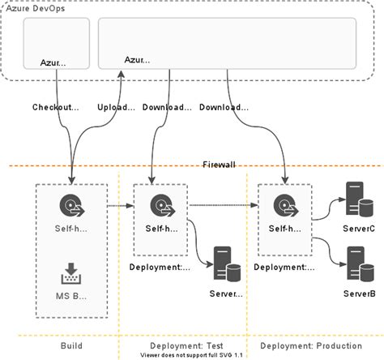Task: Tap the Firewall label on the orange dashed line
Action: tap(219, 165)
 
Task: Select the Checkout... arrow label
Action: tap(55, 107)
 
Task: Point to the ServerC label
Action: tap(360, 229)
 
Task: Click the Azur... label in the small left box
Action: tap(55, 62)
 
